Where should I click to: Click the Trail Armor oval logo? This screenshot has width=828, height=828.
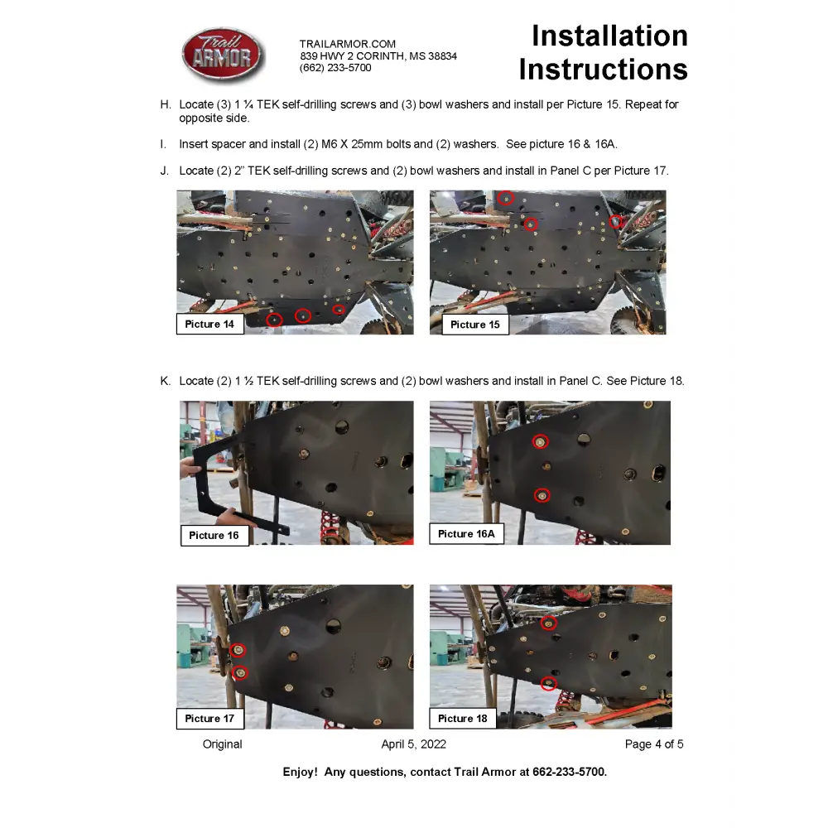223,55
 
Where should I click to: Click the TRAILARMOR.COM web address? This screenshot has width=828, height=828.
348,44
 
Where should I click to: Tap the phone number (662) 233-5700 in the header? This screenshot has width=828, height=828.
335,68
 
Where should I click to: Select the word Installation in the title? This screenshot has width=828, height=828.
609,36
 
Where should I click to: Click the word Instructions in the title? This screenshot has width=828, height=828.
603,70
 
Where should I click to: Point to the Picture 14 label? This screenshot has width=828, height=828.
209,324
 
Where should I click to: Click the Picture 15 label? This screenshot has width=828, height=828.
474,325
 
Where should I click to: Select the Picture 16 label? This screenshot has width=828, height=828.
214,535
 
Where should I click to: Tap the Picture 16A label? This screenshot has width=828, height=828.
466,534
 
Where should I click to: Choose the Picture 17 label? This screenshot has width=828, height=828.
209,718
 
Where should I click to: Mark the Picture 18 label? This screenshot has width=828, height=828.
462,718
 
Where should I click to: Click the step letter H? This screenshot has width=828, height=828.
165,105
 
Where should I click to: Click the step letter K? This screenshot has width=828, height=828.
165,381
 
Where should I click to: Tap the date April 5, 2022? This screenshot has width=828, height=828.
413,744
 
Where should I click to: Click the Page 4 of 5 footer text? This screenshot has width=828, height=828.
654,744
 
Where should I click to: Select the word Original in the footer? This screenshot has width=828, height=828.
223,744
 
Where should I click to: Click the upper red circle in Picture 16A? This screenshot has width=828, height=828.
540,442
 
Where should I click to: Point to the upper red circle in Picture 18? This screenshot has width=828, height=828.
548,623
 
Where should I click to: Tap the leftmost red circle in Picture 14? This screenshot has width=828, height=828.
275,319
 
